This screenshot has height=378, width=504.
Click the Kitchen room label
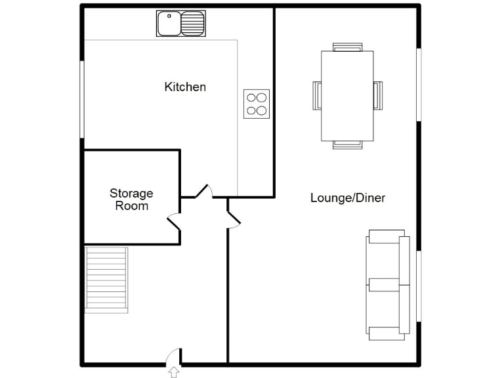[x=185, y=87]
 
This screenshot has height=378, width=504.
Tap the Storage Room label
[x=131, y=199]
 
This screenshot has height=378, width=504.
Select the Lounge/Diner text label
[x=347, y=198]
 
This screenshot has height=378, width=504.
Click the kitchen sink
[x=180, y=24]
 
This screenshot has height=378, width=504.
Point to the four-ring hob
[x=257, y=104]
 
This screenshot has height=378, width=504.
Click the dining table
[x=347, y=96]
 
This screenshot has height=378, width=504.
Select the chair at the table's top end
[x=347, y=47]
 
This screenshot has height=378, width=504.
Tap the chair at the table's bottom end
[x=347, y=145]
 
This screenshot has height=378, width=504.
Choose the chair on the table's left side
[x=317, y=96]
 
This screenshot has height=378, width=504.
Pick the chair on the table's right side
[x=377, y=96]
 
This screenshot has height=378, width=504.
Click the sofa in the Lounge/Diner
[x=388, y=285]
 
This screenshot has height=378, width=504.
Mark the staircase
[x=106, y=279]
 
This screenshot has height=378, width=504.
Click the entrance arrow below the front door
[x=174, y=373]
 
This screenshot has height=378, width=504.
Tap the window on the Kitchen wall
[x=83, y=100]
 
